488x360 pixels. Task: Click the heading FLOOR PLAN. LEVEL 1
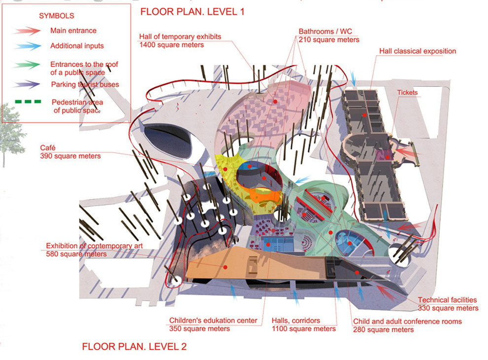pos(192,12)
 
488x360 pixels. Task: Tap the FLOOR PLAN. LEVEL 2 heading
pos(134,346)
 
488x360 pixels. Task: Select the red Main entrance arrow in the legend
pos(27,31)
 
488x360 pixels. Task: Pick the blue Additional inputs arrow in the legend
pos(28,46)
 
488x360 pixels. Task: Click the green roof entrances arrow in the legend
pos(27,65)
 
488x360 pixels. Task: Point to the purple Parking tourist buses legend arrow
pos(27,84)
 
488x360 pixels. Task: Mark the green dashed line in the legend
pos(28,102)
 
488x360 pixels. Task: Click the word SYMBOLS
pos(57,16)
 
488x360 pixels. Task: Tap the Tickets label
pos(407,93)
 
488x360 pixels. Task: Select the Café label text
pos(48,148)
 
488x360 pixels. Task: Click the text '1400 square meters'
pos(172,45)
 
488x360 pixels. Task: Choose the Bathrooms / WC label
pos(325,32)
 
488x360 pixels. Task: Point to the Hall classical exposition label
pos(418,51)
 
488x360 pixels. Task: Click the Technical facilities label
pos(447,300)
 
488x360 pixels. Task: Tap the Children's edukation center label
pos(213,321)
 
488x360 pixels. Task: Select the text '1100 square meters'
pos(304,329)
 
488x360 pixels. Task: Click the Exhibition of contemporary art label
pos(94,246)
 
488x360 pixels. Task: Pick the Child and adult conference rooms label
pos(407,322)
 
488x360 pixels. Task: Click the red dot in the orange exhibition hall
pos(225,267)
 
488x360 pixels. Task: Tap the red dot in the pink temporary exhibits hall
pos(276,102)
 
